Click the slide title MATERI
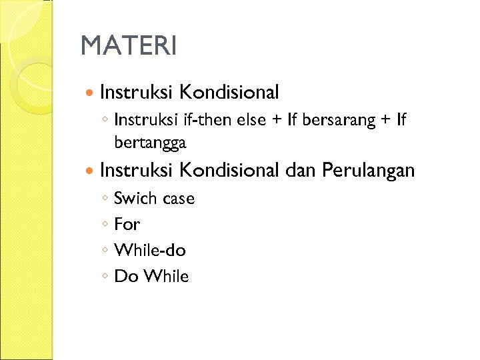coord(129,46)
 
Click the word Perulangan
coord(368,171)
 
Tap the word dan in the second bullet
coord(301,171)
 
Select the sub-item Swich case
coord(154,199)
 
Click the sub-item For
coord(127,225)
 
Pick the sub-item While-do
coord(150,251)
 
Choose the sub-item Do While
coord(151,277)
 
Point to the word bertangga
coord(150,143)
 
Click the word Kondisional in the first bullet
coord(229,91)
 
